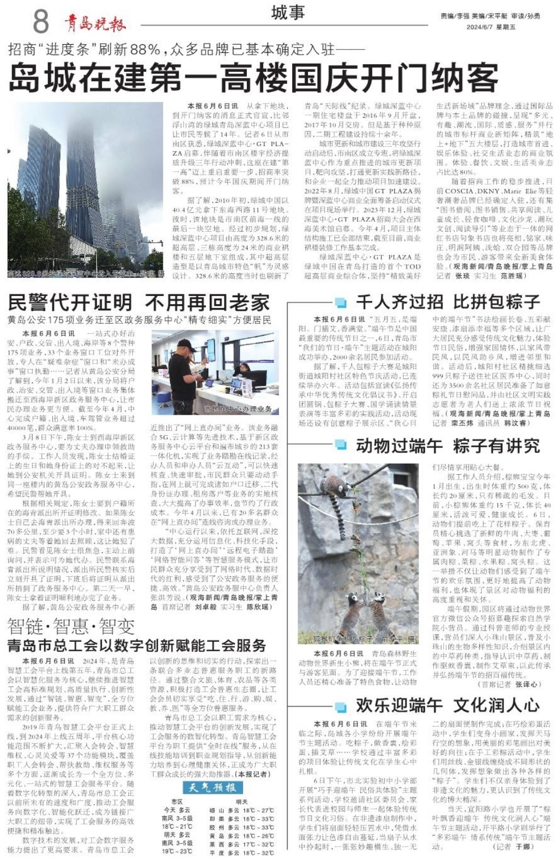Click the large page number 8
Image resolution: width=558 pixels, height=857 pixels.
(x=41, y=21)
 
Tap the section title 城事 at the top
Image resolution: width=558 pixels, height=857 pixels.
(x=288, y=13)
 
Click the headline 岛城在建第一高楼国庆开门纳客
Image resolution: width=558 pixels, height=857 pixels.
(x=253, y=77)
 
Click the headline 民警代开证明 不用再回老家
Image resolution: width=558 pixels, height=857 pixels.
(x=139, y=302)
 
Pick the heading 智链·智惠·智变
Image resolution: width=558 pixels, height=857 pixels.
(x=71, y=626)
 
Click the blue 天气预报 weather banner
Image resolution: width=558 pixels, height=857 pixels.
(x=212, y=787)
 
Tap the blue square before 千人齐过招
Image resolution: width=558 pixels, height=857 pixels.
(x=341, y=302)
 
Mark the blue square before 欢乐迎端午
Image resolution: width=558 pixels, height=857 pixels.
(x=341, y=706)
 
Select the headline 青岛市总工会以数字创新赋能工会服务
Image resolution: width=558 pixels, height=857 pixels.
(x=137, y=646)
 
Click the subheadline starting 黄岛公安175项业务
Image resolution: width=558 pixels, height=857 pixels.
(x=139, y=319)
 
